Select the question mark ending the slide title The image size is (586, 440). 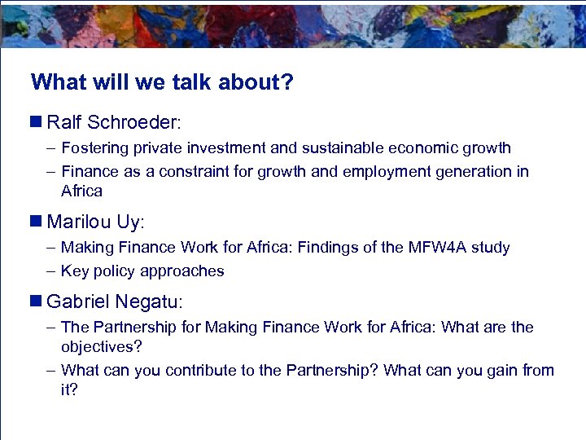[x=287, y=82]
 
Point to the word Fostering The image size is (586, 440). [x=93, y=148]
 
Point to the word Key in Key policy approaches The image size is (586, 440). [x=73, y=271]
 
